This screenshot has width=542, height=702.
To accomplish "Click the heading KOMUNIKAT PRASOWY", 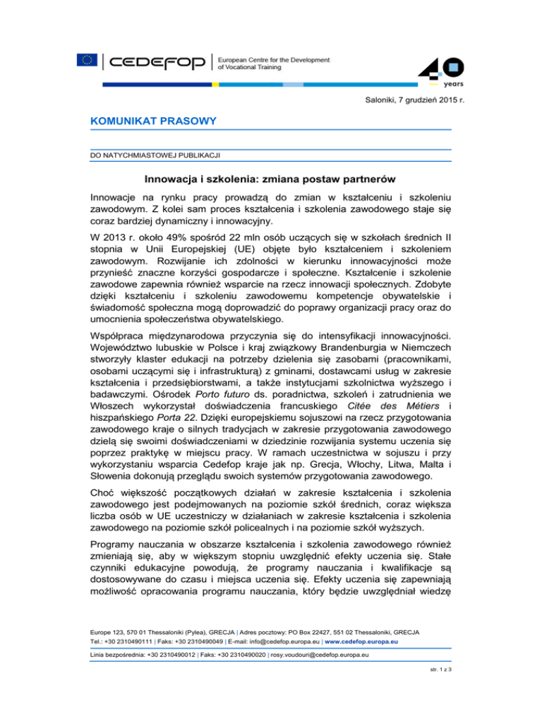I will tap(143, 121).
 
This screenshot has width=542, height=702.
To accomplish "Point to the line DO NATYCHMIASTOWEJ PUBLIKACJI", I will tap(148, 153).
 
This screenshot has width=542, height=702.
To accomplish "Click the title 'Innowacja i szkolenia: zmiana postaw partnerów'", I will tap(270, 180).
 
